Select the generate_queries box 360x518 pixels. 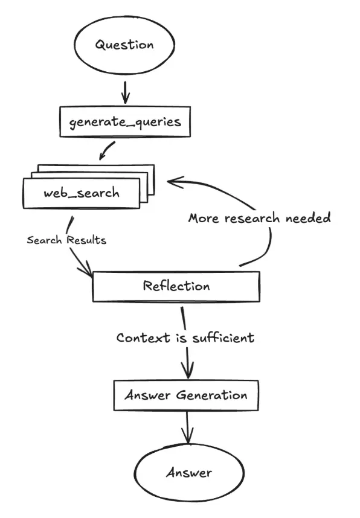(x=124, y=121)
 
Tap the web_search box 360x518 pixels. (x=82, y=193)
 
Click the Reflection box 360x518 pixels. (x=176, y=286)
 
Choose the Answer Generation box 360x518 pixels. (x=186, y=395)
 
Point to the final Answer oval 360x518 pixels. (x=189, y=472)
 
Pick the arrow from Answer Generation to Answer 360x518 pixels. (x=188, y=429)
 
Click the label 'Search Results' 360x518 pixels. (x=66, y=240)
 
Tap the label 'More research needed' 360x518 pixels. (x=259, y=218)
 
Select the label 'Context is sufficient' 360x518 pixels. (x=185, y=337)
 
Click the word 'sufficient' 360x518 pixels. (x=223, y=337)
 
